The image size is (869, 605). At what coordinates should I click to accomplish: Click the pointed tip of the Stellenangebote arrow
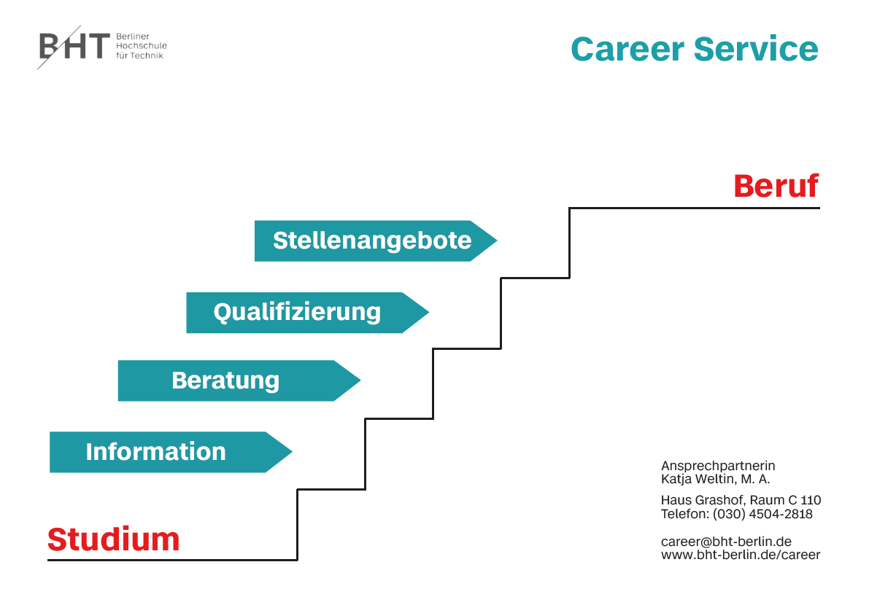497,241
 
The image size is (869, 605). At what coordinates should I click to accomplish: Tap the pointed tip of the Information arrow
292,452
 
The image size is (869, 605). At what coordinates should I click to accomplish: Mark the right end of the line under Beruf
819,208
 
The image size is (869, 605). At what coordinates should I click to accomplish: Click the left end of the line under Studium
47,560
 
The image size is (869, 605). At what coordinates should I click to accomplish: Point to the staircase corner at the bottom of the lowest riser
298,560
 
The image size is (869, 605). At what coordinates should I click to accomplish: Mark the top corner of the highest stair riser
570,208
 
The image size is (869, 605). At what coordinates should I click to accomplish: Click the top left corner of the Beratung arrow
118,360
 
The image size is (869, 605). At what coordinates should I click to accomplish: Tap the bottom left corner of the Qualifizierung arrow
186,333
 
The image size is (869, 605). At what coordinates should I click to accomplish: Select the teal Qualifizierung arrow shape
308,313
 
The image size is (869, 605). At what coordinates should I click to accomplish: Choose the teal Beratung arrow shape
239,380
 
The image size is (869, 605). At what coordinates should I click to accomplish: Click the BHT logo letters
74,46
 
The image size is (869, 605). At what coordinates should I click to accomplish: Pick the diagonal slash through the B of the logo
59,47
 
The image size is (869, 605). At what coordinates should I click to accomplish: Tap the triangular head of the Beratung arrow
347,380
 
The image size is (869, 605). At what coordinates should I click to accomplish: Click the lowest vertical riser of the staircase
298,525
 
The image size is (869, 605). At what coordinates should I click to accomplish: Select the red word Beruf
776,186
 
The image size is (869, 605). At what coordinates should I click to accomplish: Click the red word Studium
114,539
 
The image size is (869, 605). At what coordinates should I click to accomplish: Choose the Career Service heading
695,50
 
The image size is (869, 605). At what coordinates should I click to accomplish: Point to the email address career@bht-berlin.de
726,542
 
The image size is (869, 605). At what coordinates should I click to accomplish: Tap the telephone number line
736,514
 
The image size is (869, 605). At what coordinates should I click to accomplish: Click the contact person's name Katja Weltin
698,480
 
